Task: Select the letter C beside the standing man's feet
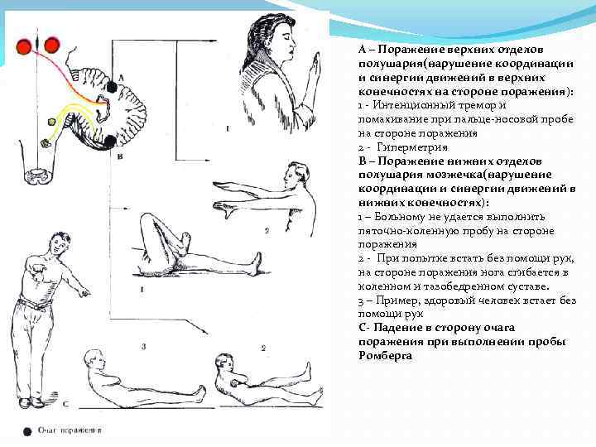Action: [65, 403]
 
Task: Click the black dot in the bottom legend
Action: [26, 431]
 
